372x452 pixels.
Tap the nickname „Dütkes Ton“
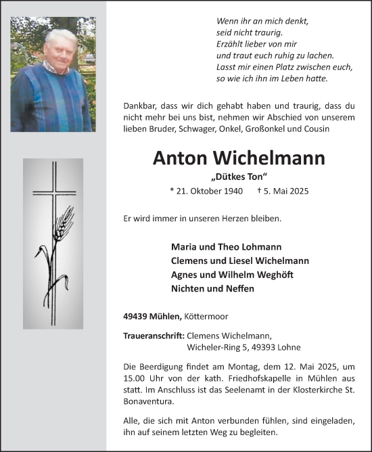point(239,177)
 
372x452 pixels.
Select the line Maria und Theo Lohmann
point(227,247)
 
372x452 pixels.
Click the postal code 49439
point(137,315)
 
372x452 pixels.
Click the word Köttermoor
point(208,315)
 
